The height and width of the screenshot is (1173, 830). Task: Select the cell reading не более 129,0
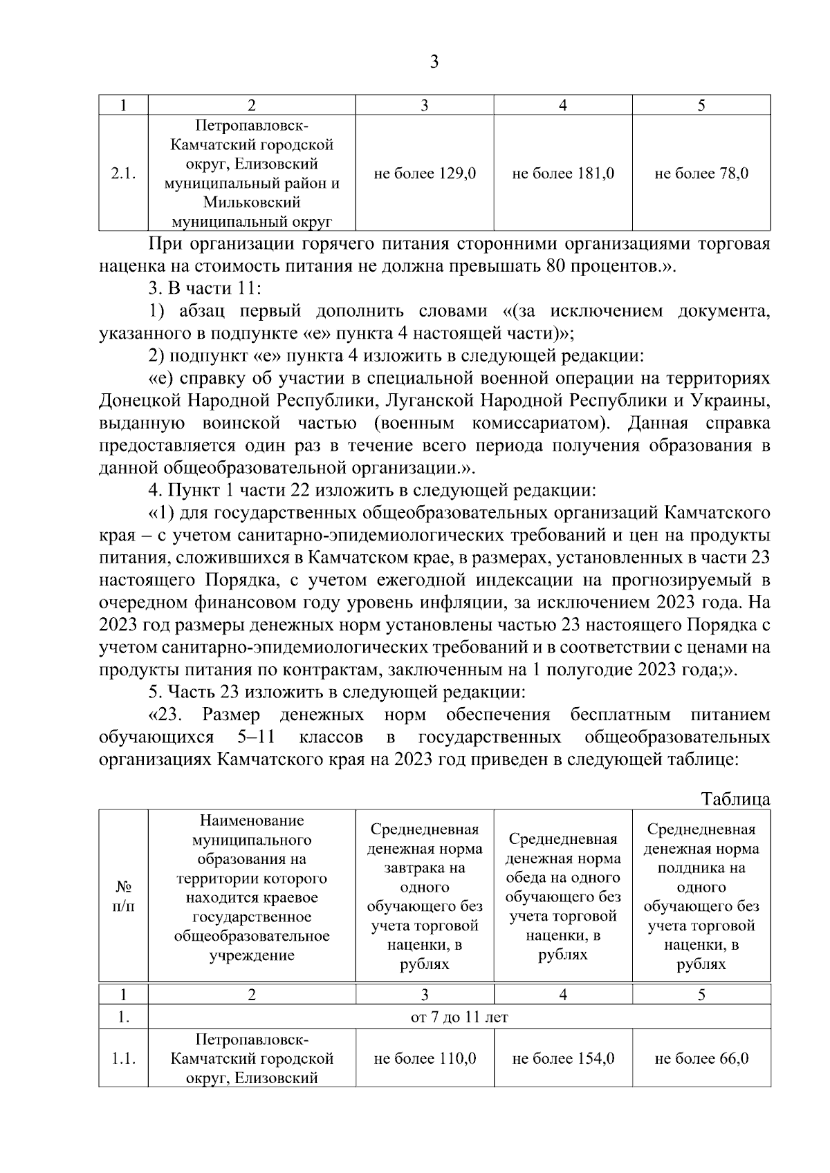(x=425, y=173)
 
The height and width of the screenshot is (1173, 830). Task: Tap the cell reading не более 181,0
(x=563, y=173)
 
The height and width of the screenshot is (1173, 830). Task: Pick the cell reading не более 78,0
(x=701, y=173)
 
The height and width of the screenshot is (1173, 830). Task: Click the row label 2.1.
(x=123, y=173)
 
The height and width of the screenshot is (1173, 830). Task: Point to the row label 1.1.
(x=123, y=1058)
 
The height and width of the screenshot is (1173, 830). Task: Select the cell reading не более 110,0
(x=425, y=1058)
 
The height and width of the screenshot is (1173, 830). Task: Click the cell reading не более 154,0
(x=563, y=1058)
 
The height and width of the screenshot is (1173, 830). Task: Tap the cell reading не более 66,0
(x=701, y=1058)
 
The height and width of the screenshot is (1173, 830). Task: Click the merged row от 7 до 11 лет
(x=459, y=1017)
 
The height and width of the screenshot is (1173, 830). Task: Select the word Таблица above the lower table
(x=735, y=799)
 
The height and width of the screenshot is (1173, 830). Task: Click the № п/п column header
(x=123, y=896)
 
